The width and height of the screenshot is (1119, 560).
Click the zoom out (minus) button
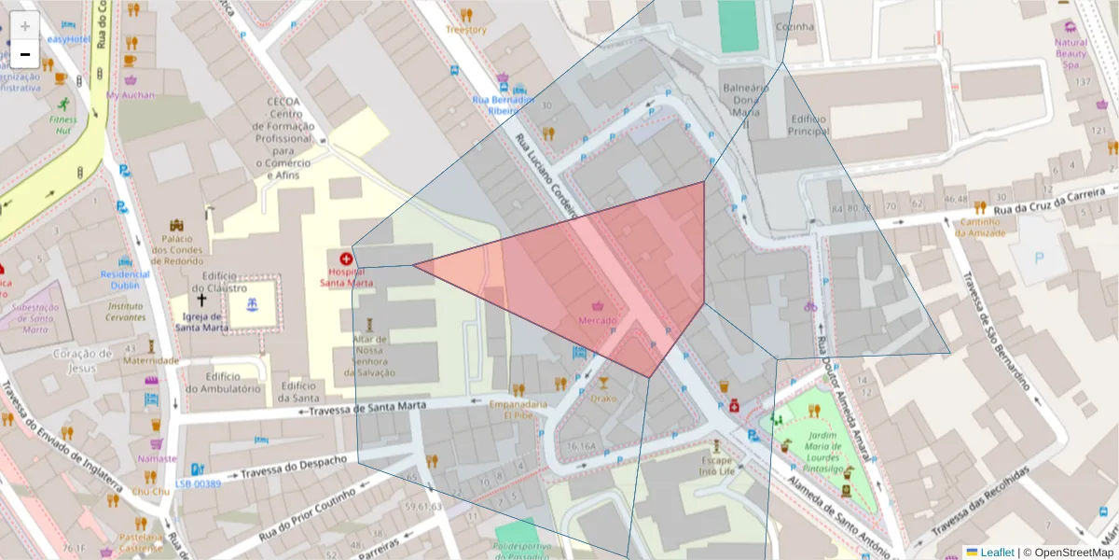tap(25, 54)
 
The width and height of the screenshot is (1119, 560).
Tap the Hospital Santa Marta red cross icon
tap(346, 258)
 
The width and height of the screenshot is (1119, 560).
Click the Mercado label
tap(598, 321)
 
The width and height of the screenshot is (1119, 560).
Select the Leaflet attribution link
tap(997, 553)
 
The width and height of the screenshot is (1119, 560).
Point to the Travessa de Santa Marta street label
tap(367, 409)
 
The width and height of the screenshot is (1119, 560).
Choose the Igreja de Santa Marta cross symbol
tap(200, 301)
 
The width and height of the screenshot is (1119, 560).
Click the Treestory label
tap(465, 30)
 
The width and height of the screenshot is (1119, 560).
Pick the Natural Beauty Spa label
tap(1071, 54)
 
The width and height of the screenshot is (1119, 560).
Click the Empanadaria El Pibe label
tap(518, 410)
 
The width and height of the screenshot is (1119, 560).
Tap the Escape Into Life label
tap(717, 466)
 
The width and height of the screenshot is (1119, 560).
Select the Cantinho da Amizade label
tap(980, 227)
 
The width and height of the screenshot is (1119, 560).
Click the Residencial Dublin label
tap(125, 280)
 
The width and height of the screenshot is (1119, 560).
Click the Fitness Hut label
tap(63, 125)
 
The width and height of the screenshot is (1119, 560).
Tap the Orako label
tap(603, 398)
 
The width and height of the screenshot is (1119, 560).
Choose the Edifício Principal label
tap(808, 125)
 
